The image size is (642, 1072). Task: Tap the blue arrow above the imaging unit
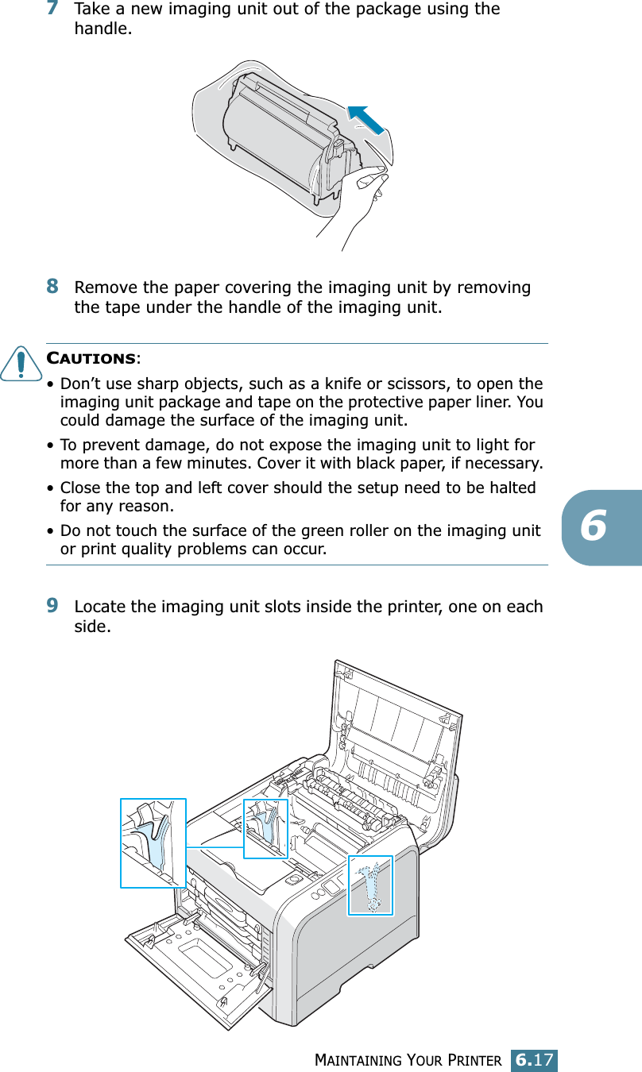[366, 118]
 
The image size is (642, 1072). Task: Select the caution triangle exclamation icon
[30, 364]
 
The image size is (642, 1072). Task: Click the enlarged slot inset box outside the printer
[153, 843]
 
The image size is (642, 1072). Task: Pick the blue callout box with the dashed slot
[370, 885]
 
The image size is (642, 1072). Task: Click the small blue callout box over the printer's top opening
[265, 828]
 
